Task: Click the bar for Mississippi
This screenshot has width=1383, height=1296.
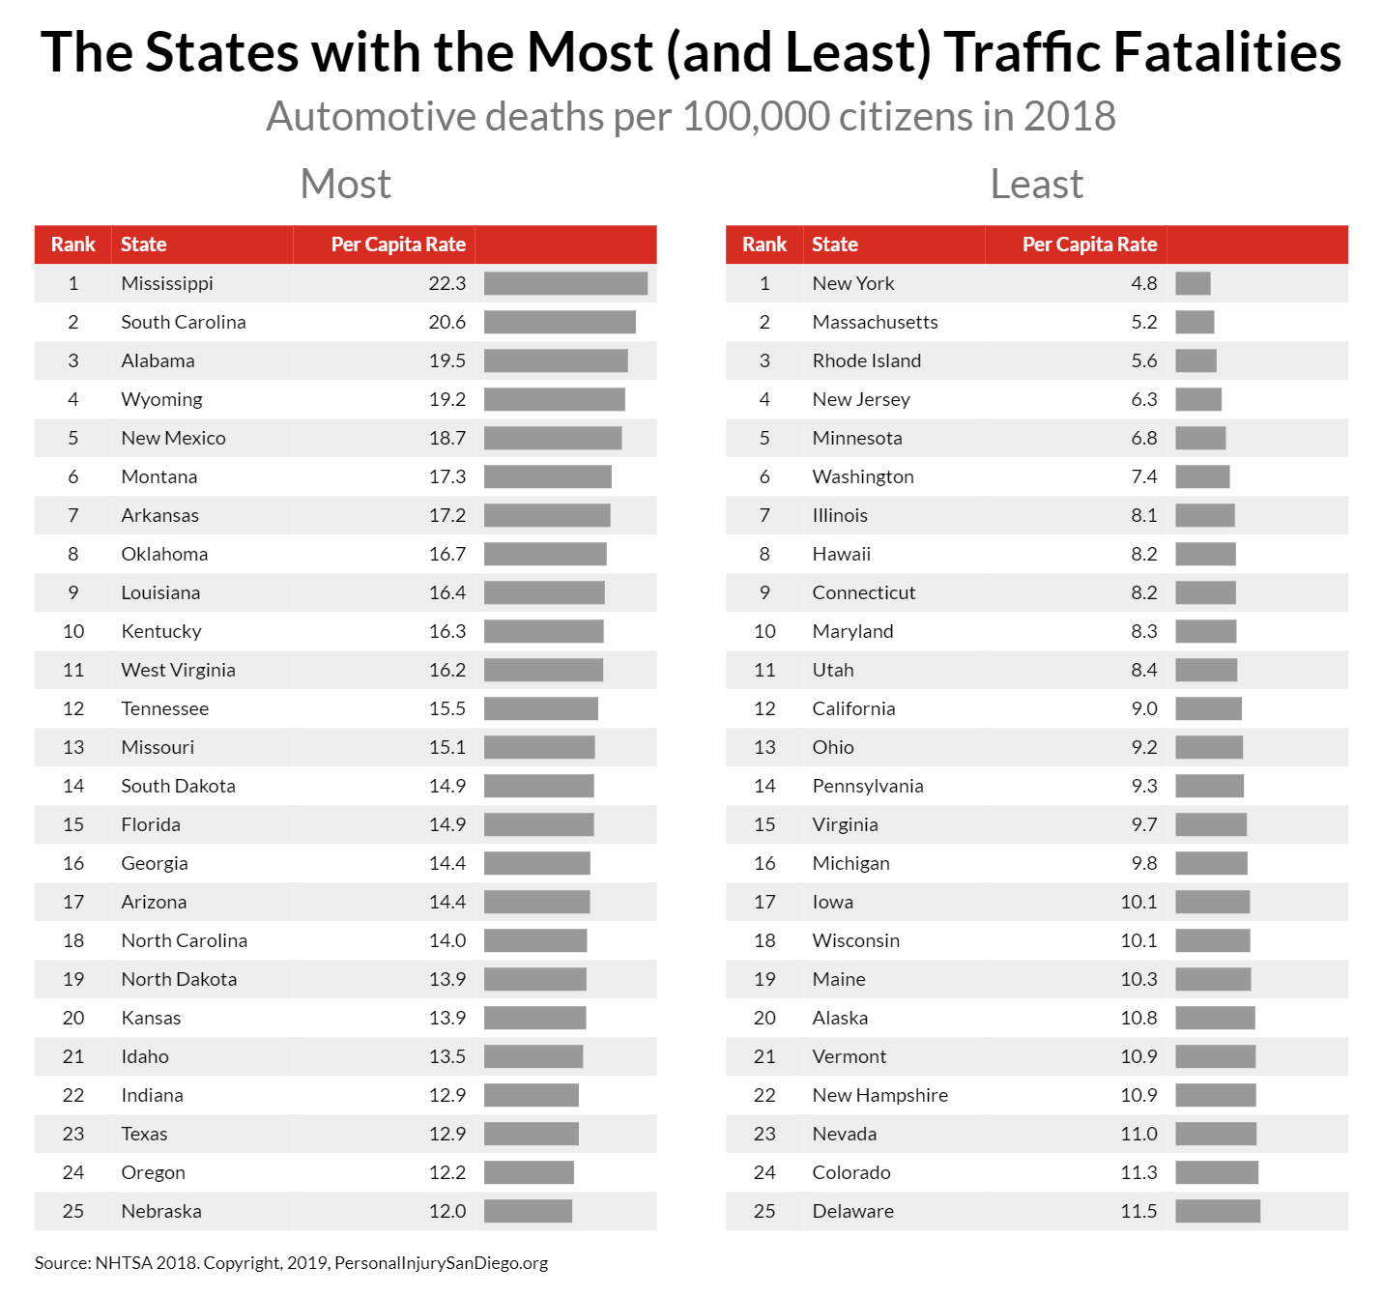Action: pos(565,283)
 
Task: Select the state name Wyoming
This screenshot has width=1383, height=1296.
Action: pos(161,399)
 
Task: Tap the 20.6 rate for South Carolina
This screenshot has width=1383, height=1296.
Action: pos(447,322)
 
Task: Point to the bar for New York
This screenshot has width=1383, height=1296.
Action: pos(1193,283)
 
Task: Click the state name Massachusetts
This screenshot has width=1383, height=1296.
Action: pos(875,322)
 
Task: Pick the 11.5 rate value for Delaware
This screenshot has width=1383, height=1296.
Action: pos(1138,1211)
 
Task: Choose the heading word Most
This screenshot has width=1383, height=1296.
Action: pos(345,184)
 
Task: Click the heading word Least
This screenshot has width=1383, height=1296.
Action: pos(1036,184)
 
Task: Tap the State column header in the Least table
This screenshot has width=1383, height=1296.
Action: pos(834,245)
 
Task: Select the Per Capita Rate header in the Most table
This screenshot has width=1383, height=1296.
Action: pos(398,245)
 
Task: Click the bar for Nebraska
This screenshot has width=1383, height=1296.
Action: pos(528,1211)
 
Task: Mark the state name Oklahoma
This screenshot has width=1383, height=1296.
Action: pos(164,554)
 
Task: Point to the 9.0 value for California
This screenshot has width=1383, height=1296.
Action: pos(1144,708)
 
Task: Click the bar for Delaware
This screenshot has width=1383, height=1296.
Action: pos(1218,1211)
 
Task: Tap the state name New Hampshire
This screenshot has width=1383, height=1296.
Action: pos(879,1095)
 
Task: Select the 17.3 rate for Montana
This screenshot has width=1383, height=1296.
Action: pos(447,476)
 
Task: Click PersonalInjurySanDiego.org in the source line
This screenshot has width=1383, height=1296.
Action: pos(441,1263)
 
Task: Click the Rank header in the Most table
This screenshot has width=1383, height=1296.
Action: pos(73,245)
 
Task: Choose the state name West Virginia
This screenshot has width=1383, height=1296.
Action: pos(178,670)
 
